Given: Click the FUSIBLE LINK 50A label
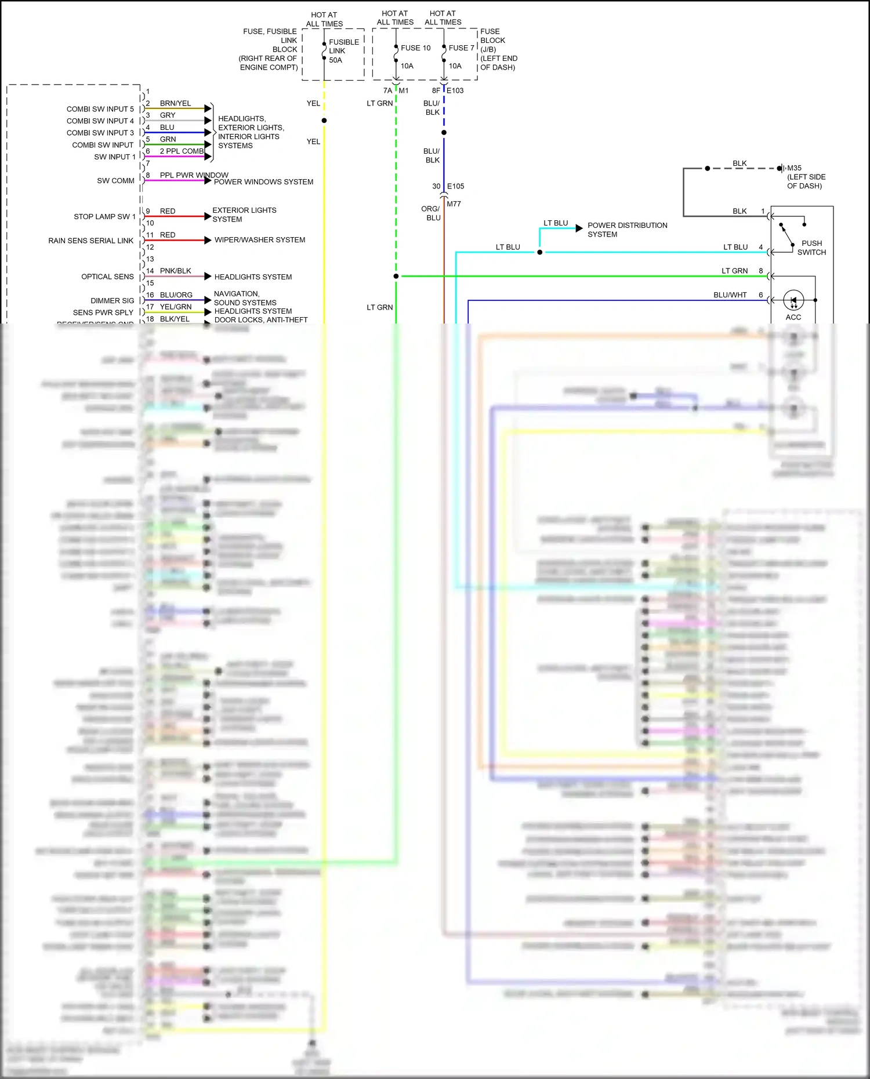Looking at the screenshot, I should pyautogui.click(x=343, y=51).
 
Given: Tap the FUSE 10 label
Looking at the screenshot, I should pyautogui.click(x=415, y=48).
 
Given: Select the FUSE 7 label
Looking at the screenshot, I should pyautogui.click(x=461, y=48).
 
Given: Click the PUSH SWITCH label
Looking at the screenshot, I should pyautogui.click(x=811, y=248).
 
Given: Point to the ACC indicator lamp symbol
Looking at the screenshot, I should pyautogui.click(x=793, y=300).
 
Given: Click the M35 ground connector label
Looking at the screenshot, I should pyautogui.click(x=794, y=168).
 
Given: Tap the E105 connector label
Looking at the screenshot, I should pyautogui.click(x=455, y=186).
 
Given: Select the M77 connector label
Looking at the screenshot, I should pyautogui.click(x=454, y=204).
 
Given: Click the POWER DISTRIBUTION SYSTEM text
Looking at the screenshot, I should pyautogui.click(x=627, y=230).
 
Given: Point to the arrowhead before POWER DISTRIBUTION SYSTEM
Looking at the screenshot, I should pyautogui.click(x=579, y=228).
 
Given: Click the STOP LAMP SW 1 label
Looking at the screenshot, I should pyautogui.click(x=104, y=217).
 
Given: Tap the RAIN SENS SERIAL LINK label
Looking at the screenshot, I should pyautogui.click(x=91, y=241).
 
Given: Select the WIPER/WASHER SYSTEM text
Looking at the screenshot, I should pyautogui.click(x=260, y=240).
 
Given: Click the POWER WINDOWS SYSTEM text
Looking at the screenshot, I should pyautogui.click(x=263, y=182).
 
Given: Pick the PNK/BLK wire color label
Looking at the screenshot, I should pyautogui.click(x=175, y=271).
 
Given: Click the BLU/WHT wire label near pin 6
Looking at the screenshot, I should pyautogui.click(x=730, y=295).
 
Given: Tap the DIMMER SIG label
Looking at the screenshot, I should pyautogui.click(x=112, y=301).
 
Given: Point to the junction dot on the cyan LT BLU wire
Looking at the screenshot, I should pyautogui.click(x=540, y=252).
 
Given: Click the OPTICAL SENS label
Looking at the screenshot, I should pyautogui.click(x=107, y=277).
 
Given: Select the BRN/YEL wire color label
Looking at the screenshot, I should pyautogui.click(x=175, y=103).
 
